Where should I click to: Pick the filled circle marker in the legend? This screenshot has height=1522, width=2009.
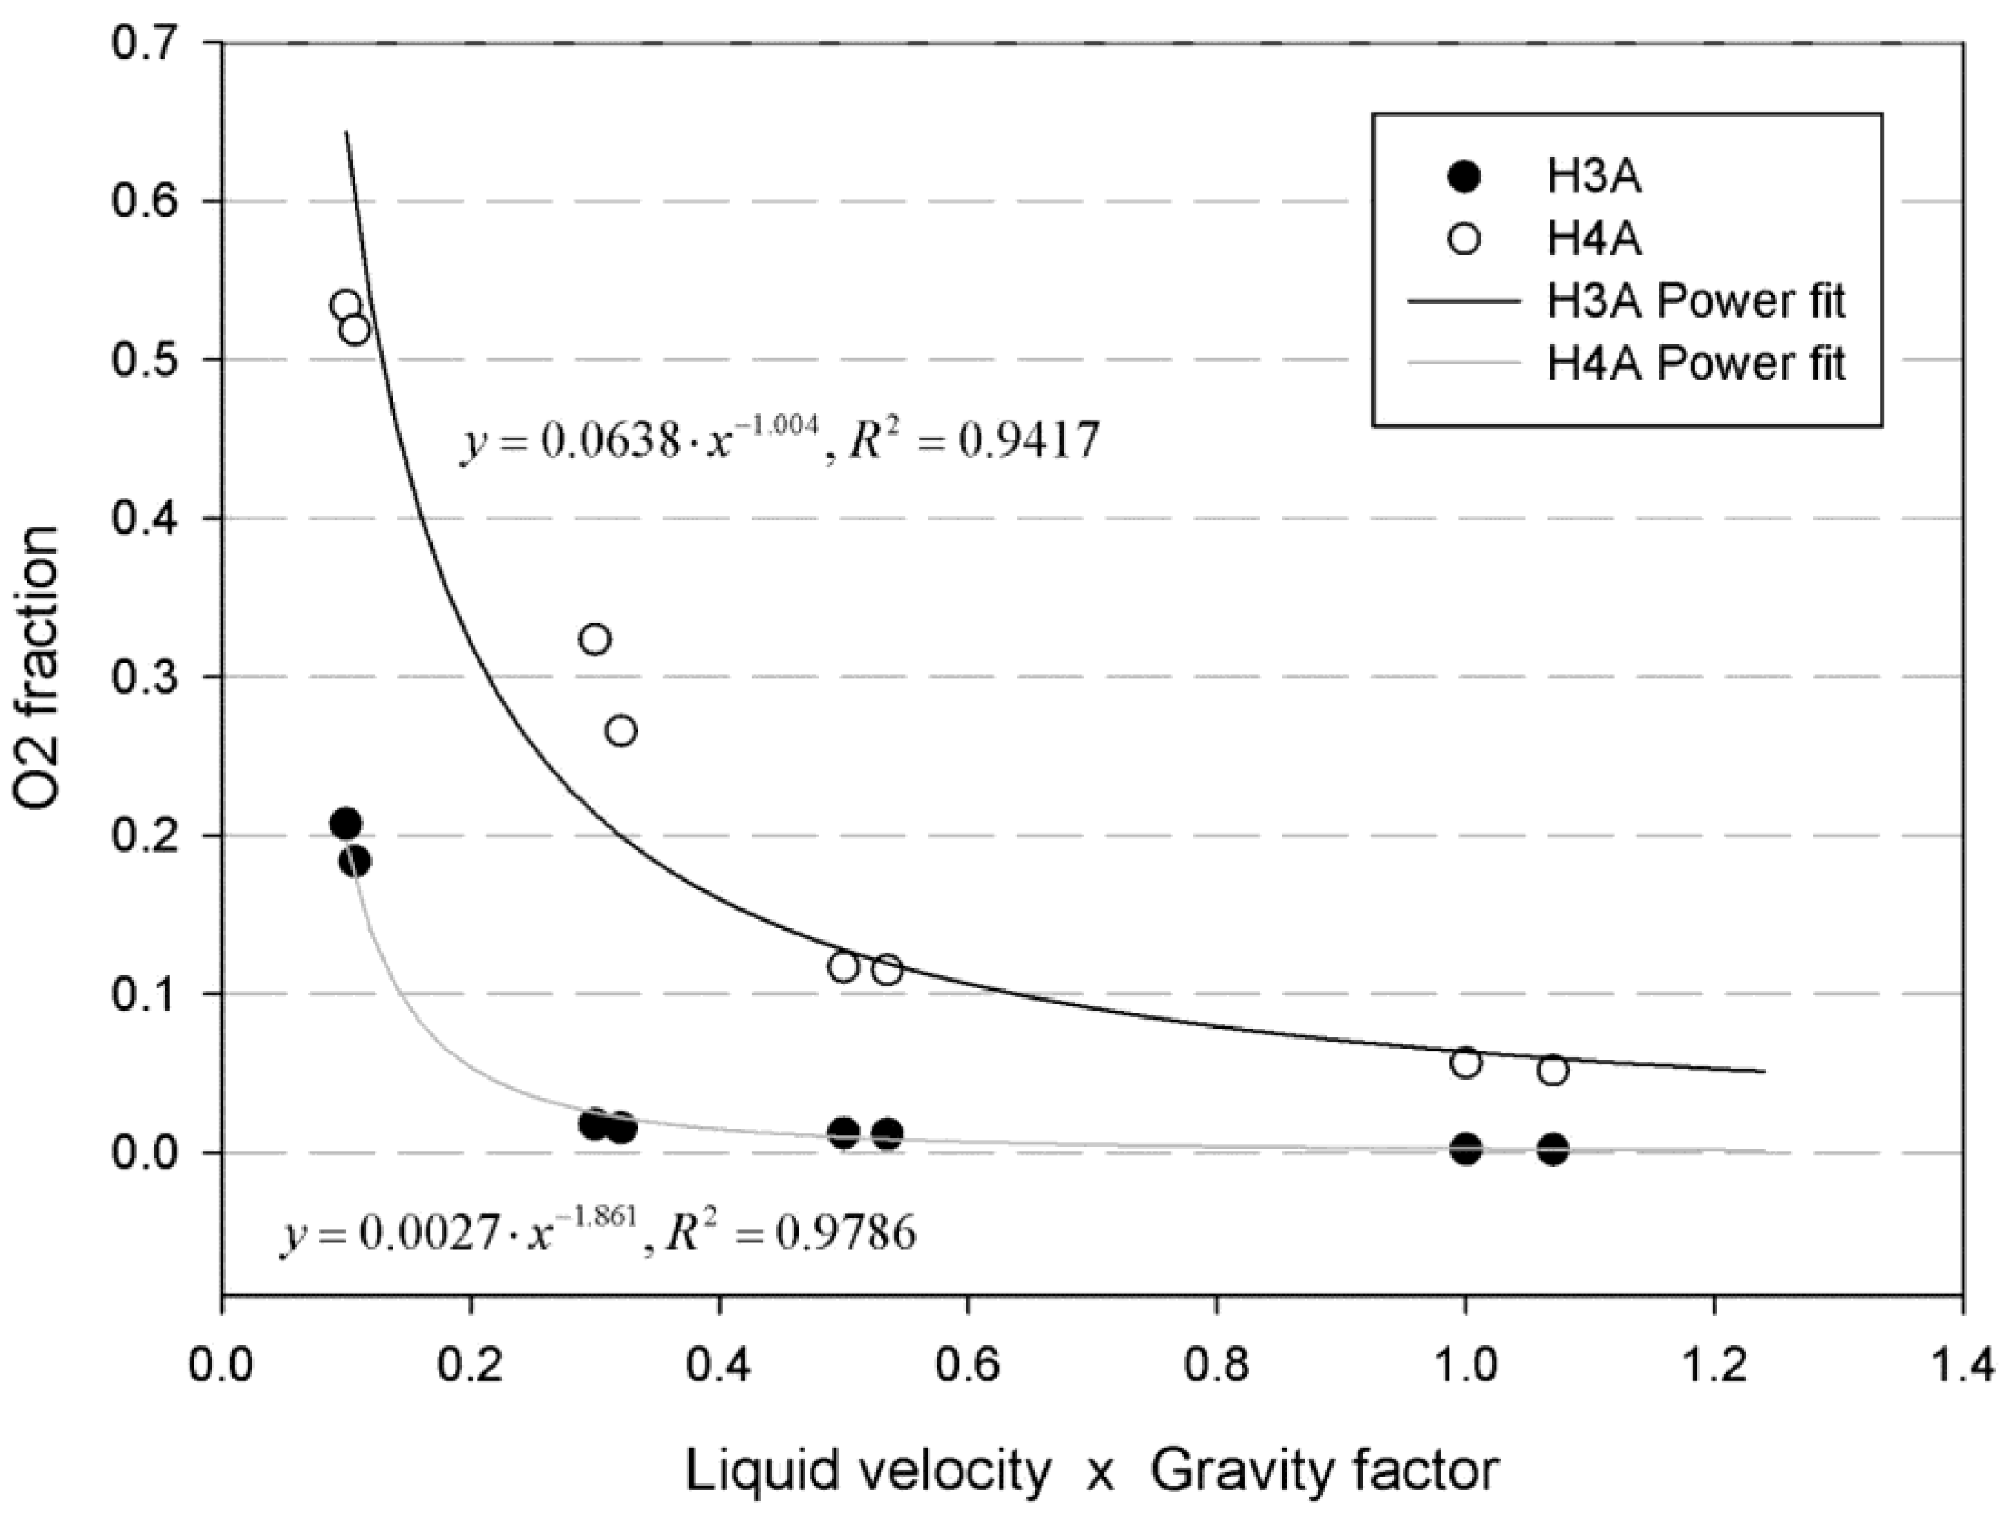coord(1464,177)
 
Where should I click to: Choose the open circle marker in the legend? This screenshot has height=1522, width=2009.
coord(1464,239)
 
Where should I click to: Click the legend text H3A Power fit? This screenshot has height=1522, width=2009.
coord(1696,301)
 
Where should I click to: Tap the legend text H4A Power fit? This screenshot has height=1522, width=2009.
coord(1696,363)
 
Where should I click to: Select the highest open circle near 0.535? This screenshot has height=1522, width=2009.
coord(346,305)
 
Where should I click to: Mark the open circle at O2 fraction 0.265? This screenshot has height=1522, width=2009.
coord(621,731)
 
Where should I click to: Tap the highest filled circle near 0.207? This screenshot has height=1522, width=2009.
coord(345,824)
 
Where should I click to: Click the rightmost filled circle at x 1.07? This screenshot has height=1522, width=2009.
coord(1553,1149)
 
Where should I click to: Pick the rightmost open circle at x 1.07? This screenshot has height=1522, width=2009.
coord(1553,1071)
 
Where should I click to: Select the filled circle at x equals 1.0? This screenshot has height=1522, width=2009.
coord(1466,1149)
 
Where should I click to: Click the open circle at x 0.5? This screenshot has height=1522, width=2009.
coord(844,967)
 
